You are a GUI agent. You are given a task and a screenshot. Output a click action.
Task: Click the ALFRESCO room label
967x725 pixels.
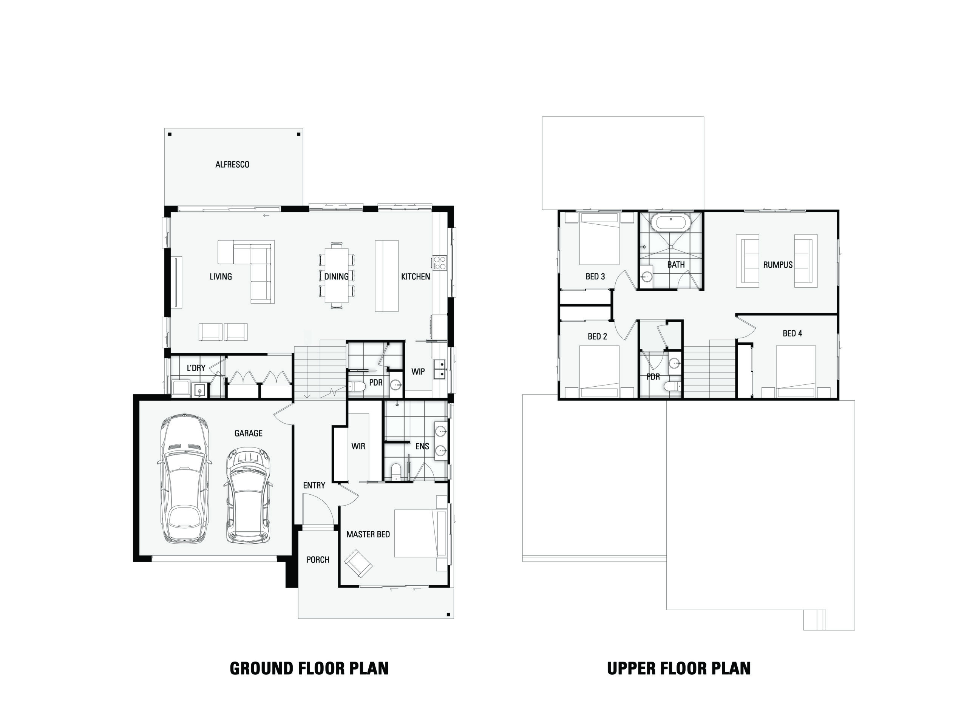(232, 165)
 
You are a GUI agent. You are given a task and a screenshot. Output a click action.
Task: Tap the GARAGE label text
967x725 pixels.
(248, 433)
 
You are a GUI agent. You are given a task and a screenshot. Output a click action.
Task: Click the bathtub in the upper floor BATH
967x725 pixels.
(670, 222)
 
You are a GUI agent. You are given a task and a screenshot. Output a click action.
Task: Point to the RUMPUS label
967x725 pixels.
(778, 264)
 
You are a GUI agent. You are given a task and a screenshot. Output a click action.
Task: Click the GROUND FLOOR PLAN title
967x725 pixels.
(309, 669)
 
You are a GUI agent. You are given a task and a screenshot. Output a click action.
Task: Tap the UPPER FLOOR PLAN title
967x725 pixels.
(679, 669)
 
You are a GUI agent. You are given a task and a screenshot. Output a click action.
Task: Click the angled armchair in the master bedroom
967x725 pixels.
(358, 564)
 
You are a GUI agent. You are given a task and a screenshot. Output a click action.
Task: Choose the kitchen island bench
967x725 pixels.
(387, 275)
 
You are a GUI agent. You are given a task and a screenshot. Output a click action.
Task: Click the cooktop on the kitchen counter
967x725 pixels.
(439, 263)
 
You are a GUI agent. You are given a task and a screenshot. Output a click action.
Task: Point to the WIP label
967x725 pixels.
(418, 372)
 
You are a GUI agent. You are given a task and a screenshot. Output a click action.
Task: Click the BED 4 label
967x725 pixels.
(792, 333)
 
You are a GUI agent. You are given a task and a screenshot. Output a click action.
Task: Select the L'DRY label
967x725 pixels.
(196, 368)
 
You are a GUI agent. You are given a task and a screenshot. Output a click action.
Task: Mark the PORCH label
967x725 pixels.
(318, 560)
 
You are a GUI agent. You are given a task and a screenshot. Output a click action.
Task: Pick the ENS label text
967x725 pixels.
(422, 446)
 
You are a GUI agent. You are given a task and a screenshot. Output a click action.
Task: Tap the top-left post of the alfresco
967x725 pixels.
(170, 134)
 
